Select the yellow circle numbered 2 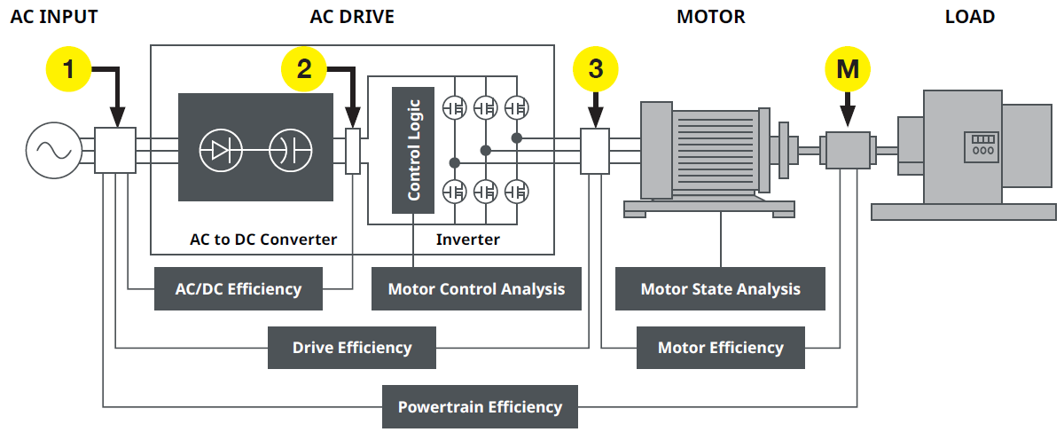point(304,68)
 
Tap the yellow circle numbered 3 point(596,68)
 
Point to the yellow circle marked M point(848,68)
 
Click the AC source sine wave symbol point(50,150)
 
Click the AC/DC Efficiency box point(238,288)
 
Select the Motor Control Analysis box point(476,288)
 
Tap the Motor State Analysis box point(720,288)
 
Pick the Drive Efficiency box point(352,347)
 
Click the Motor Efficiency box point(720,347)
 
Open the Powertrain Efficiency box point(480,406)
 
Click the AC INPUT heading point(54,17)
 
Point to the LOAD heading point(969,17)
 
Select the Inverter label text point(467,240)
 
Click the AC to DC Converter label point(263,240)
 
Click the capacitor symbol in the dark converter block point(290,149)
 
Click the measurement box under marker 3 point(595,150)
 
